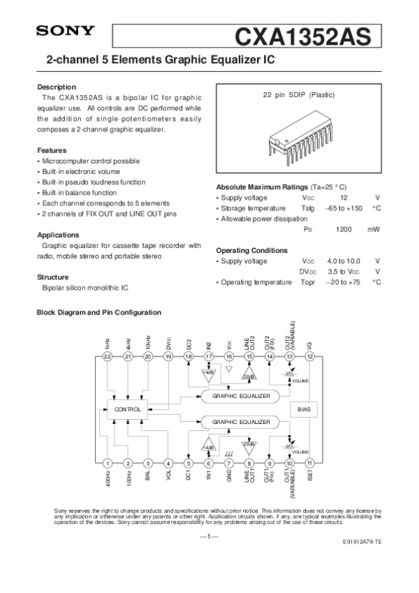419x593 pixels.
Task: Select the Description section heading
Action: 56,87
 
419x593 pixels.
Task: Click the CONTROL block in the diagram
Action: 128,409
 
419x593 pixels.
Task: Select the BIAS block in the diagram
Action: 304,409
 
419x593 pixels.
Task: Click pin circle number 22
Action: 108,356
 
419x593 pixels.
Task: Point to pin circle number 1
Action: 108,462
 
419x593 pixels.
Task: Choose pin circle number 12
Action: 309,356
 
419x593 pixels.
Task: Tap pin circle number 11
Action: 309,462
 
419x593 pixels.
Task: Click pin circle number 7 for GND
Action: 229,462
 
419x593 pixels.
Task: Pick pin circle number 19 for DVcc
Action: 168,356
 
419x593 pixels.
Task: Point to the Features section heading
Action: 52,150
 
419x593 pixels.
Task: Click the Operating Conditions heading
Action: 251,250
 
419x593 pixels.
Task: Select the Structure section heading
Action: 52,277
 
